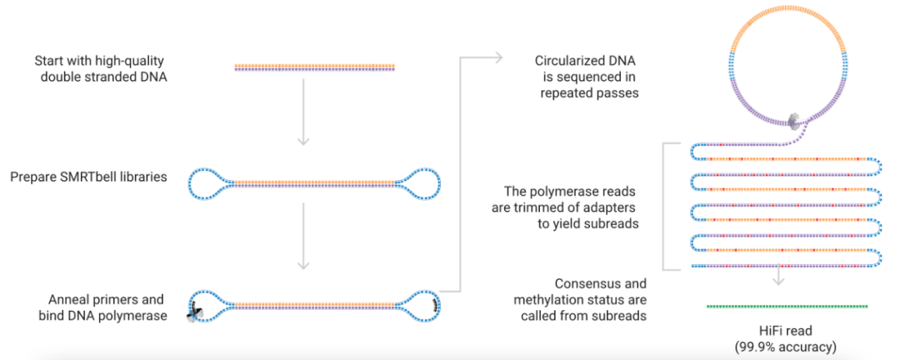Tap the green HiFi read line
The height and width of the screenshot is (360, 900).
787,307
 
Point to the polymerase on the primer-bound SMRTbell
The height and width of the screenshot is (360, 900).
197,312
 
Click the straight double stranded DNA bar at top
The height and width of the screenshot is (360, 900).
314,67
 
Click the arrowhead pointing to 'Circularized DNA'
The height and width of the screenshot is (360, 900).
497,57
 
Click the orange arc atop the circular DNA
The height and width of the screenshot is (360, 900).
787,30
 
